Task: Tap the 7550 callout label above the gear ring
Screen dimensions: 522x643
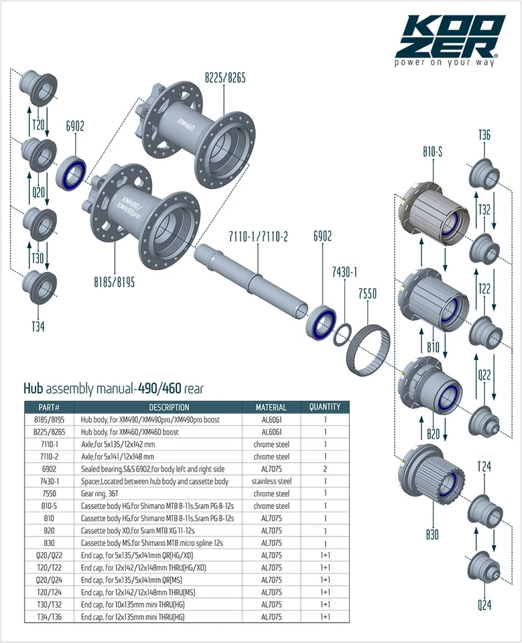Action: [x=367, y=293]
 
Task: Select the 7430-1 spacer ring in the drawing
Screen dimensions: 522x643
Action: [x=342, y=334]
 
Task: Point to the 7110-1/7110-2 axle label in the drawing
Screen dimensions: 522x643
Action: [x=258, y=236]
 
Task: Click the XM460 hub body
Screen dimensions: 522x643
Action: [x=198, y=134]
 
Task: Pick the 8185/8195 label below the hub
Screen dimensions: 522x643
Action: [x=114, y=282]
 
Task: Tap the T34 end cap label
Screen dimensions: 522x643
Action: [x=38, y=326]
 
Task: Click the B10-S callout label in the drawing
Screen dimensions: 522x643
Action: [x=433, y=152]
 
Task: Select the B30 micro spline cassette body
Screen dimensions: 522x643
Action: [x=432, y=480]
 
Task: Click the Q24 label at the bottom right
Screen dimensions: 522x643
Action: [x=484, y=604]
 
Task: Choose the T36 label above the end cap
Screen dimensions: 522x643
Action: [x=484, y=135]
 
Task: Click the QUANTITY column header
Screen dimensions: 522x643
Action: [x=324, y=407]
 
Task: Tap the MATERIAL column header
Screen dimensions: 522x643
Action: [x=271, y=407]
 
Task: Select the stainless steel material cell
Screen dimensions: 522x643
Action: [x=271, y=481]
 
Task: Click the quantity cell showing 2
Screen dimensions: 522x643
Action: [x=325, y=469]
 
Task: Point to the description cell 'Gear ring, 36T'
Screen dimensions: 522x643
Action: [x=100, y=494]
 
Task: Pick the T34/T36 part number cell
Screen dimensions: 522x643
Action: [x=49, y=616]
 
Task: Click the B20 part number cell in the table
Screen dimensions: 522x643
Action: [x=49, y=530]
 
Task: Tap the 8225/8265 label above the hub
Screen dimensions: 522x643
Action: [x=225, y=78]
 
